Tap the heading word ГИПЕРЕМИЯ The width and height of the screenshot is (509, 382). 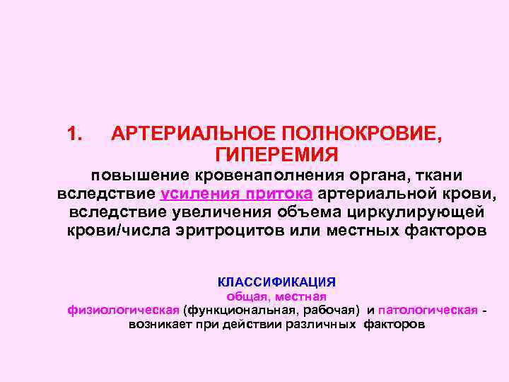click(x=277, y=154)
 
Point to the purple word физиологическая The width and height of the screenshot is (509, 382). click(x=123, y=311)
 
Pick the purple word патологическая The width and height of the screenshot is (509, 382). click(x=428, y=311)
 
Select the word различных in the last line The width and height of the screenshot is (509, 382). click(x=324, y=325)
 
